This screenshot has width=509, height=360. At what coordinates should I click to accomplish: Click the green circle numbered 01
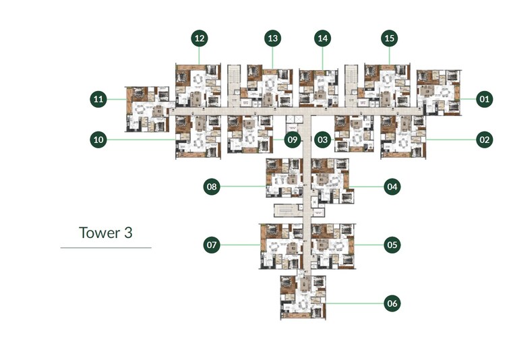(484, 100)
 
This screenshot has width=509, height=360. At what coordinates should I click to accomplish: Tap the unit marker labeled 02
(484, 140)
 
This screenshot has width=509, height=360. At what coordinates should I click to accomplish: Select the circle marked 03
(323, 140)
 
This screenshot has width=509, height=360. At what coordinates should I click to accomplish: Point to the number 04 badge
(392, 187)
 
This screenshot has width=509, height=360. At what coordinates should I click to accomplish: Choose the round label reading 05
(392, 245)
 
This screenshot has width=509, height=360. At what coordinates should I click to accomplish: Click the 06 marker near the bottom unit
(392, 303)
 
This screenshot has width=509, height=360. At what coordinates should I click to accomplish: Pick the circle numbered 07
(212, 245)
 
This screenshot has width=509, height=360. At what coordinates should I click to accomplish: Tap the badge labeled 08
(212, 187)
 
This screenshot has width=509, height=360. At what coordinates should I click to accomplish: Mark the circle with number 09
(291, 140)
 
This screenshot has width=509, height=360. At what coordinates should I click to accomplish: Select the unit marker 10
(99, 140)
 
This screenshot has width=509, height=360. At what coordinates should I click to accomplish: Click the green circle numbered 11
(99, 100)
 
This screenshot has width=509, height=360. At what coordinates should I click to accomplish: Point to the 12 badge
(199, 38)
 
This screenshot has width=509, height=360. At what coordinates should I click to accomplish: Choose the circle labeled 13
(272, 38)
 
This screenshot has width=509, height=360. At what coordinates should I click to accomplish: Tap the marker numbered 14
(323, 38)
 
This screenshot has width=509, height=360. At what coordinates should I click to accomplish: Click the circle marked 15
(389, 38)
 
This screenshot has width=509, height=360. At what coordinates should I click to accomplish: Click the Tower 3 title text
(105, 233)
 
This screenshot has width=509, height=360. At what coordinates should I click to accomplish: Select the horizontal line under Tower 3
(106, 248)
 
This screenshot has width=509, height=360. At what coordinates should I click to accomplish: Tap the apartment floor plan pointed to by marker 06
(303, 297)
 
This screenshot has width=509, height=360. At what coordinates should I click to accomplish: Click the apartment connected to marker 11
(147, 108)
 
